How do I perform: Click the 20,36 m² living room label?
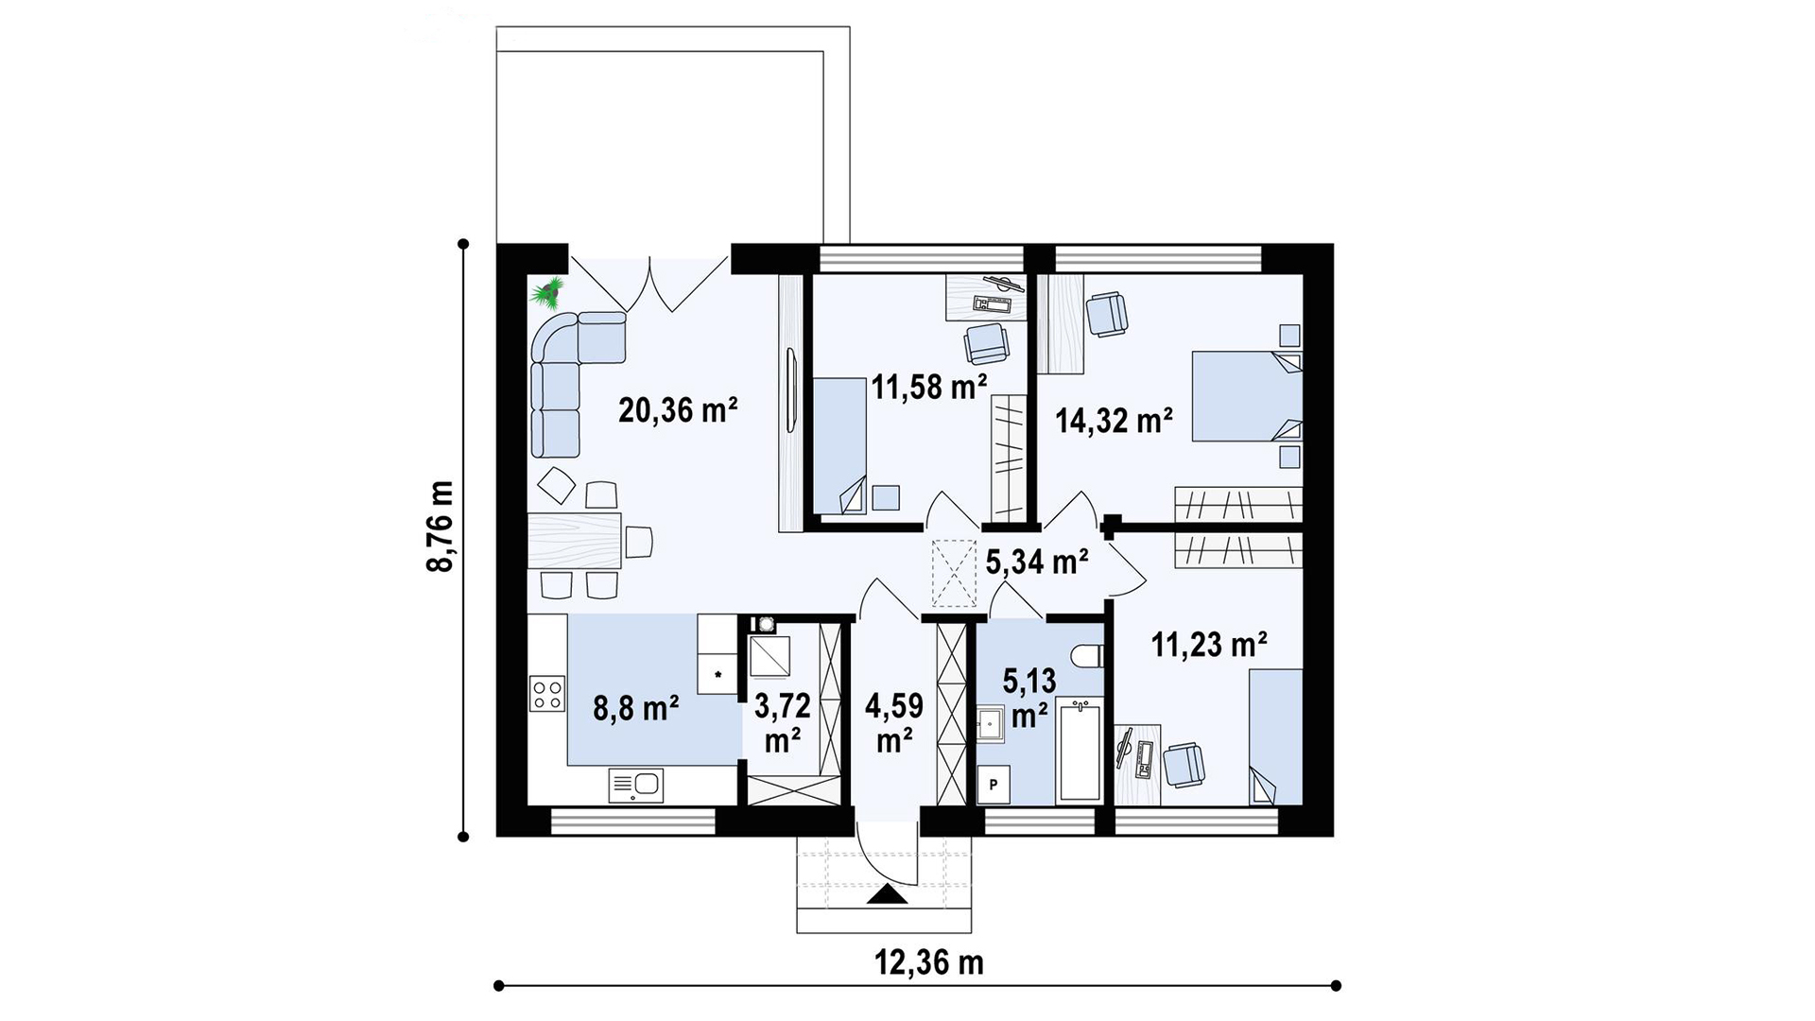click(677, 410)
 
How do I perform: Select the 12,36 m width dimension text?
click(928, 962)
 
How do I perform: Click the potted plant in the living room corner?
click(547, 292)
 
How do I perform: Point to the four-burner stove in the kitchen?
click(545, 694)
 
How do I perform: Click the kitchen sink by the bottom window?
click(636, 785)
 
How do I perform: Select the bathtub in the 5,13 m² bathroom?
click(1080, 750)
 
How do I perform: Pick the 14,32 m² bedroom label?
click(1115, 421)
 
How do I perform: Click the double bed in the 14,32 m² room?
click(1247, 396)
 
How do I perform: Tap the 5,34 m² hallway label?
click(1037, 562)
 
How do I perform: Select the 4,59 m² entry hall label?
click(893, 722)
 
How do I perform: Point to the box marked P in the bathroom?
click(994, 785)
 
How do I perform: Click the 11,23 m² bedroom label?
click(1209, 646)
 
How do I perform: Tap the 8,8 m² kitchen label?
click(636, 709)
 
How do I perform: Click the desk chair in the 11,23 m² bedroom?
click(1184, 764)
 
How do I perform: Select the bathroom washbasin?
click(990, 724)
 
